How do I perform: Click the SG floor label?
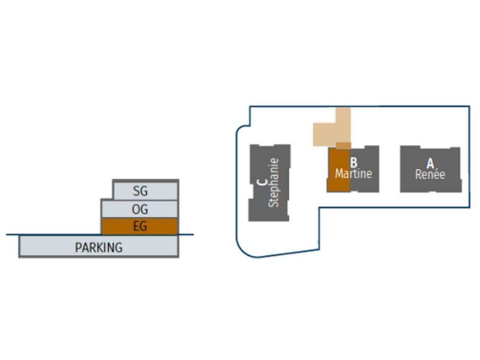click(140, 191)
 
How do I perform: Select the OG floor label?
click(140, 209)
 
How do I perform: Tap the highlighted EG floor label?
click(140, 226)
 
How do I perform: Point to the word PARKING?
click(98, 247)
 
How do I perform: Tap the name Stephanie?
click(274, 183)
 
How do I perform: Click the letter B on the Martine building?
click(354, 163)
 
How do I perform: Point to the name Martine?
click(353, 174)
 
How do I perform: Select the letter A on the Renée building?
click(430, 164)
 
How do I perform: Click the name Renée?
click(430, 174)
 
